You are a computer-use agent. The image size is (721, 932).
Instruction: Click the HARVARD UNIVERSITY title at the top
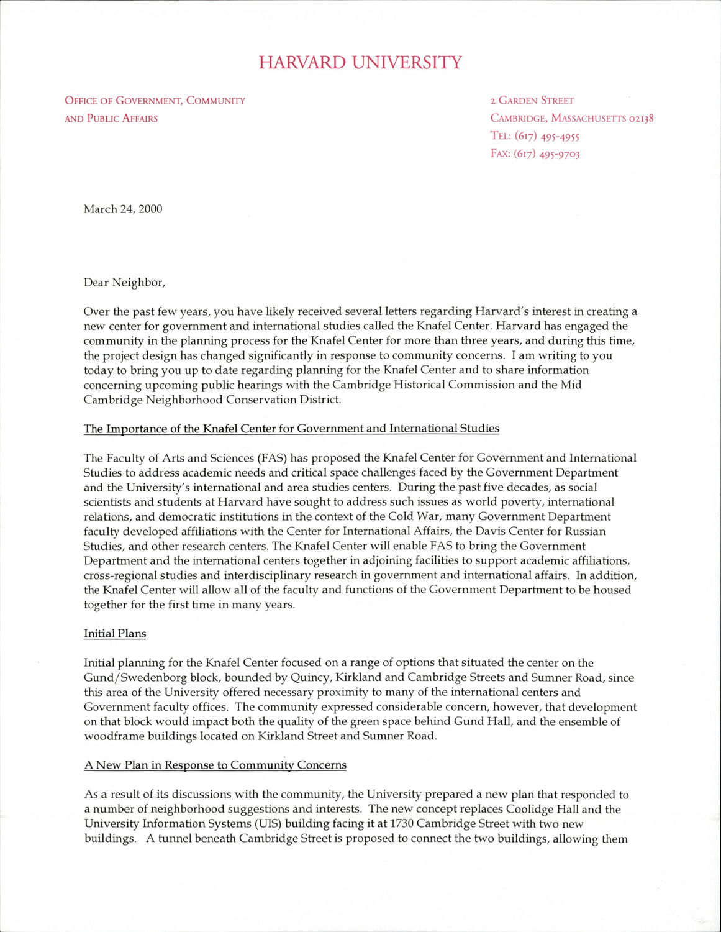(x=360, y=63)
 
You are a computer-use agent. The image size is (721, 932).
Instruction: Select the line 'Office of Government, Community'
(x=155, y=101)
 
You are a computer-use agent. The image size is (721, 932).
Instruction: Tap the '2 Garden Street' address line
(x=532, y=101)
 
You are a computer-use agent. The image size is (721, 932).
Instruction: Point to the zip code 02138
(x=641, y=119)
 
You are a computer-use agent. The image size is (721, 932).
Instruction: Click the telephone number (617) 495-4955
(x=546, y=137)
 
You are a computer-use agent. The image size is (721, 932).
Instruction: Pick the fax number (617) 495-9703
(x=546, y=154)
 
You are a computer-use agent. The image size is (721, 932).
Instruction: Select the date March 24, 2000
(x=123, y=209)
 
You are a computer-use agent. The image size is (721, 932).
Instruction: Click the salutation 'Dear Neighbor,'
(x=125, y=283)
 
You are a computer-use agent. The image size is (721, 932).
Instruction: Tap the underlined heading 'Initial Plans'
(x=115, y=634)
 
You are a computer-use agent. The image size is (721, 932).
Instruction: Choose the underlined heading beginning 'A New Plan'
(x=215, y=765)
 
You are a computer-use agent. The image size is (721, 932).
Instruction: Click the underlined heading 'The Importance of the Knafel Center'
(x=291, y=429)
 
